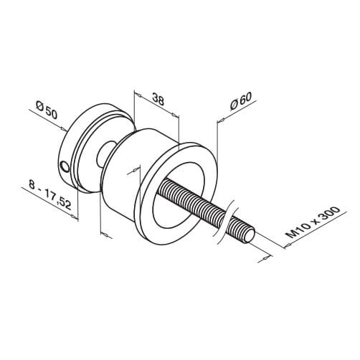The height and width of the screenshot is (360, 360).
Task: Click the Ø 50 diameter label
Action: point(47,110)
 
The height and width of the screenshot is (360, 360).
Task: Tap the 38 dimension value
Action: point(158,100)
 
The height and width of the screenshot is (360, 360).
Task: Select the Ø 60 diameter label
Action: point(241,101)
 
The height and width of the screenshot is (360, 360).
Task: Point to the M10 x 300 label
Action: point(314,222)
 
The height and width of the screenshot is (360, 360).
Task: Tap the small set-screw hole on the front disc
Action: point(65,166)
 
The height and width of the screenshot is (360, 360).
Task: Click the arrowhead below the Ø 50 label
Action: point(64,129)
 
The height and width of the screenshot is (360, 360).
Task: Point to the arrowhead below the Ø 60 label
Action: point(221,120)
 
